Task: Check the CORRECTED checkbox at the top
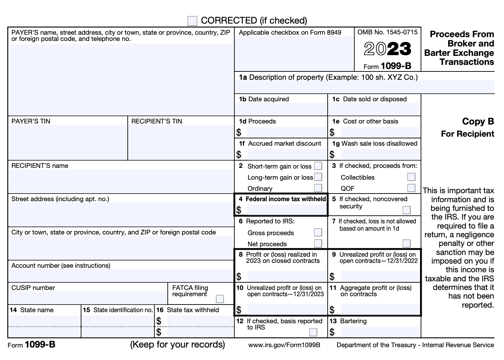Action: click(192, 21)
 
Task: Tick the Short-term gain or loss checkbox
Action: click(318, 166)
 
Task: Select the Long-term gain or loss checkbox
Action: click(318, 177)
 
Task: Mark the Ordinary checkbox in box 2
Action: click(318, 188)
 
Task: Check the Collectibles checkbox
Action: click(411, 177)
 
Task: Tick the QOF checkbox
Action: click(411, 188)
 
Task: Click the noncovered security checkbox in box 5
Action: click(406, 210)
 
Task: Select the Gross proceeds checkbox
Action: click(318, 232)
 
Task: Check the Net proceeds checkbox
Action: click(318, 243)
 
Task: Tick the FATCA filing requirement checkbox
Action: click(220, 299)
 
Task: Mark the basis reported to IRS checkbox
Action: click(313, 332)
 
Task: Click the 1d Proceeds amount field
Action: click(287, 132)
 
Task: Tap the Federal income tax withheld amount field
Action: click(287, 210)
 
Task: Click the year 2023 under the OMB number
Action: click(387, 49)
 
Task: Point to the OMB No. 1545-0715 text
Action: click(387, 32)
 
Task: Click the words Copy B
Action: click(478, 121)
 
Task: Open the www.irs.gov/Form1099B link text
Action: click(284, 345)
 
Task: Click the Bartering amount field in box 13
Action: click(380, 332)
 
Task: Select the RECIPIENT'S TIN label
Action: click(157, 121)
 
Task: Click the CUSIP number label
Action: click(33, 288)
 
